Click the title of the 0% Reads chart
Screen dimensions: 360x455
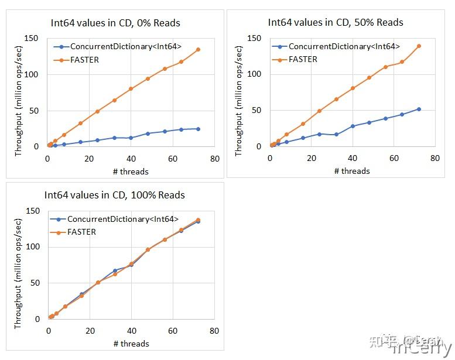tap(115, 23)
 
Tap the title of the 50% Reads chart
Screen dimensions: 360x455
tap(336, 22)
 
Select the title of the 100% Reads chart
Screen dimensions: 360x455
tap(115, 195)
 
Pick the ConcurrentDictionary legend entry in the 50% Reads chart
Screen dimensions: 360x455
tap(344, 46)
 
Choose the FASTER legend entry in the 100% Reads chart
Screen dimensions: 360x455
tap(81, 232)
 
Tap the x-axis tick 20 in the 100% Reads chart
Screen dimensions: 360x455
tap(90, 331)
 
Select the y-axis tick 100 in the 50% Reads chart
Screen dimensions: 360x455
tap(254, 74)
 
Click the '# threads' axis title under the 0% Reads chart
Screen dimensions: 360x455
tap(131, 172)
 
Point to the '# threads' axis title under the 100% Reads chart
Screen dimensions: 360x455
tap(131, 344)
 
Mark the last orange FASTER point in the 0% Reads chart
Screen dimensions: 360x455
tap(198, 49)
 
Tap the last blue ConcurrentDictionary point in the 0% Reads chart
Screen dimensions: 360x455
tap(198, 129)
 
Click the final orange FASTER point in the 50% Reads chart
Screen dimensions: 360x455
tap(419, 46)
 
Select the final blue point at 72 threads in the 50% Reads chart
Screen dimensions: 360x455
tap(419, 109)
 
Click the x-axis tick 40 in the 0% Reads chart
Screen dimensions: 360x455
tap(131, 159)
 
